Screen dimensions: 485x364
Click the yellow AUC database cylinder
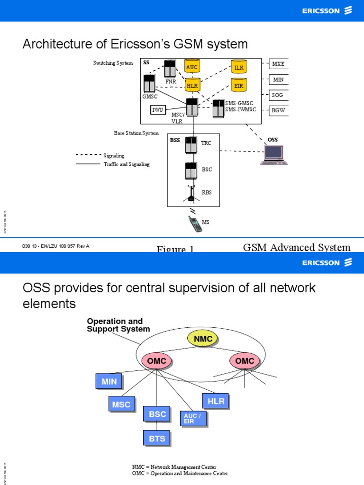[x=192, y=67]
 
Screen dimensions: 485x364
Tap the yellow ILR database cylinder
[x=238, y=67]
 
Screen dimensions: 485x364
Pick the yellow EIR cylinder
[x=238, y=85]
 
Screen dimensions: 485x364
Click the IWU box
[x=157, y=110]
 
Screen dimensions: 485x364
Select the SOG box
[x=278, y=95]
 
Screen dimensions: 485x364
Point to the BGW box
[x=278, y=111]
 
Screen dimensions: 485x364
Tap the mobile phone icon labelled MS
[x=194, y=223]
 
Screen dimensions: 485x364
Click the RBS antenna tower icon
[x=191, y=193]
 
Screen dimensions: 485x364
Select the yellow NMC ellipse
[x=203, y=338]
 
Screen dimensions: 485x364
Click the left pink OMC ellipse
[x=157, y=361]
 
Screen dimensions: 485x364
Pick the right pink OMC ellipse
[x=245, y=361]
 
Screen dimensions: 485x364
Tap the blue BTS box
[x=157, y=438]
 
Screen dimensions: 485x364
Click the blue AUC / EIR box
[x=192, y=418]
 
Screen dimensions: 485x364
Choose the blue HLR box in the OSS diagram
[x=216, y=401]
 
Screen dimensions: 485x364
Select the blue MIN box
[x=109, y=382]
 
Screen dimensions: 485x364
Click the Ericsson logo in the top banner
[x=328, y=10]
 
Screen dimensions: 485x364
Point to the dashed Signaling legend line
[x=88, y=155]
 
